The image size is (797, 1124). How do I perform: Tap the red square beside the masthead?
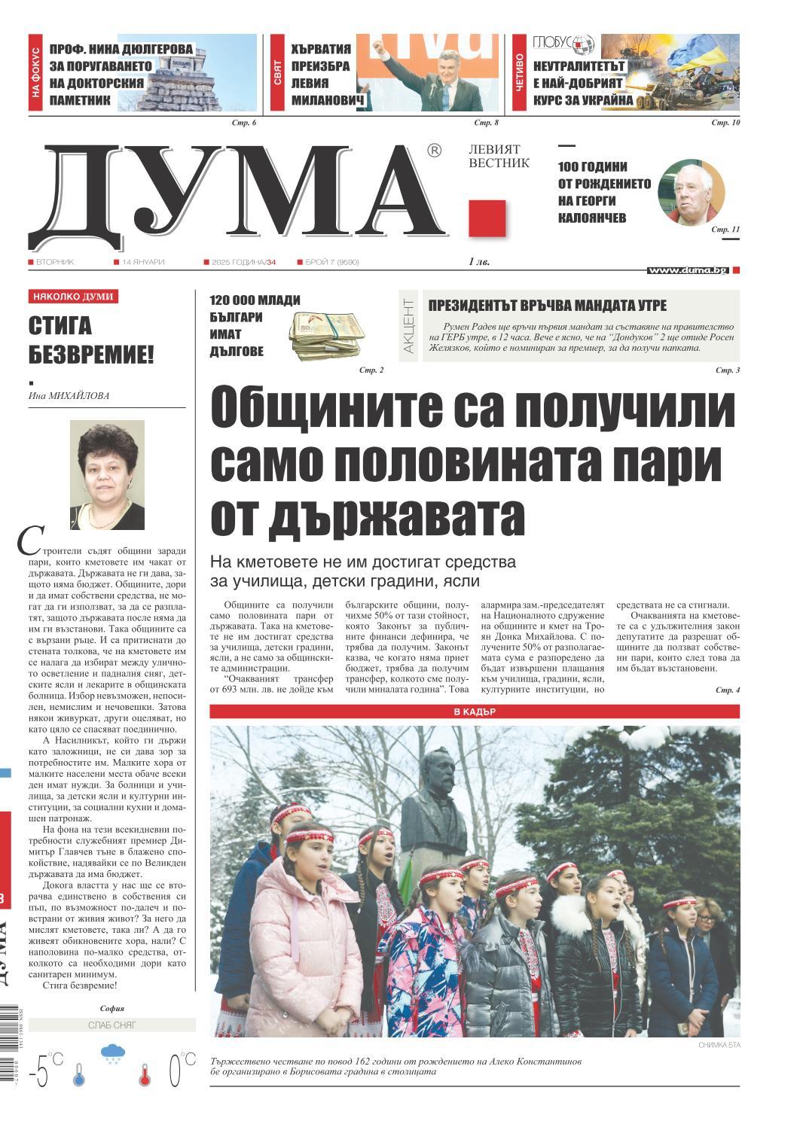pyautogui.click(x=487, y=218)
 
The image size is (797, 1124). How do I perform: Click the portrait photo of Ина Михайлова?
pyautogui.click(x=107, y=475)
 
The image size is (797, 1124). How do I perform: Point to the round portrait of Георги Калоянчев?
pyautogui.click(x=691, y=192)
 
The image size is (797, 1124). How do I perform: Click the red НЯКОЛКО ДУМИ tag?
pyautogui.click(x=73, y=297)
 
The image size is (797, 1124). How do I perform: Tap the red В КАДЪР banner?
pyautogui.click(x=475, y=711)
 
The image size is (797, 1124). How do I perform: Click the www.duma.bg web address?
pyautogui.click(x=687, y=270)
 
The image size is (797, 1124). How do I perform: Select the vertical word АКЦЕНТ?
pyautogui.click(x=408, y=327)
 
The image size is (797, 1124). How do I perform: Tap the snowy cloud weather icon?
pyautogui.click(x=112, y=1054)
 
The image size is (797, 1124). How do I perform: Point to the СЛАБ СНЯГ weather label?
pyautogui.click(x=111, y=1025)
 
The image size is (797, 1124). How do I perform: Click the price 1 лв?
pyautogui.click(x=478, y=262)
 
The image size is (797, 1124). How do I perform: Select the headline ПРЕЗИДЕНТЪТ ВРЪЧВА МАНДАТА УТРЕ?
pyautogui.click(x=547, y=306)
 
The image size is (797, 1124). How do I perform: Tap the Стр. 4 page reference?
pyautogui.click(x=727, y=690)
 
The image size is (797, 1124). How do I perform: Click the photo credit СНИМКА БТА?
pyautogui.click(x=719, y=1046)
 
